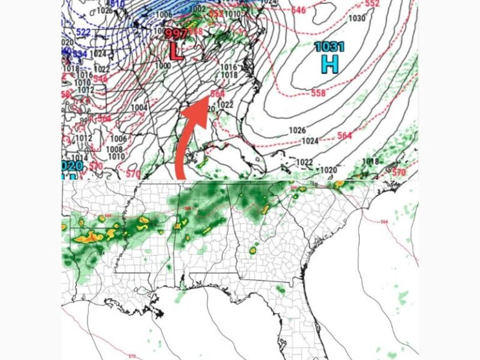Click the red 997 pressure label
tap(176, 34)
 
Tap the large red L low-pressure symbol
tap(177, 51)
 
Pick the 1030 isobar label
tap(356, 18)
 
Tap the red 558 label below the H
tap(318, 93)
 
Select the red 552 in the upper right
tap(372, 3)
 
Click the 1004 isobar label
tap(139, 108)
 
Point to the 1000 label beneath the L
tap(162, 66)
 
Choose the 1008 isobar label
tap(114, 149)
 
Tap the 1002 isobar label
tap(197, 9)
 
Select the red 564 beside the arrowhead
tap(217, 93)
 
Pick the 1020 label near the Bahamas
tap(329, 170)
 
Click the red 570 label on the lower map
tap(131, 356)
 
